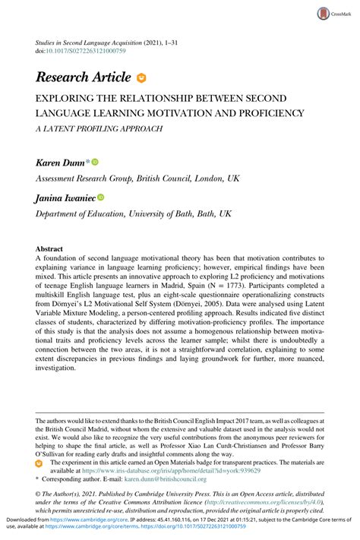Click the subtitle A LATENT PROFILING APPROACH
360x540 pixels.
[x=96, y=128]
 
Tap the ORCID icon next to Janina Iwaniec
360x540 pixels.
[x=101, y=197]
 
